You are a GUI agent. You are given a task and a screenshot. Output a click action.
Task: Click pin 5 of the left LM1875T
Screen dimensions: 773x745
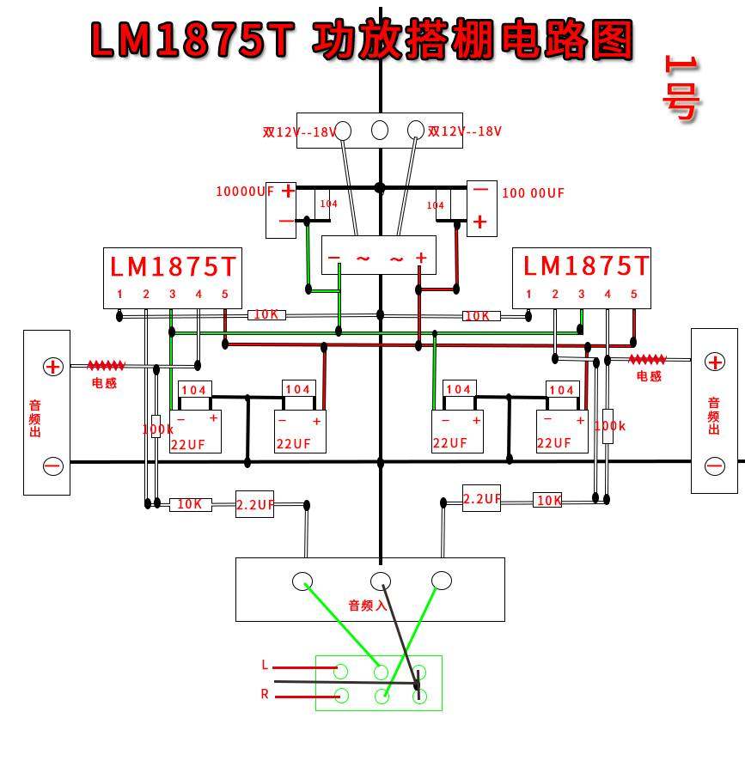225,295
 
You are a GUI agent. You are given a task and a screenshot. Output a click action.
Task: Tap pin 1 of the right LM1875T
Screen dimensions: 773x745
528,295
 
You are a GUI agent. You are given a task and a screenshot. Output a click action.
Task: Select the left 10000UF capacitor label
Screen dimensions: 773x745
244,192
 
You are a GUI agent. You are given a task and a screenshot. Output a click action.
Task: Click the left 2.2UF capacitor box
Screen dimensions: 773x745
254,504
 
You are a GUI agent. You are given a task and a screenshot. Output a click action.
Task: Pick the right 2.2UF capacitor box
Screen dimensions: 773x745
481,499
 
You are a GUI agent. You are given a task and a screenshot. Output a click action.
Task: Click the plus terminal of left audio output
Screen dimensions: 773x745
53,367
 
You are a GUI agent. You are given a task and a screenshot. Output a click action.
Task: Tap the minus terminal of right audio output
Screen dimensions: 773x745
714,466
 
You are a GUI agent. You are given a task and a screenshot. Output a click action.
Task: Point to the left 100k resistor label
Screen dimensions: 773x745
157,429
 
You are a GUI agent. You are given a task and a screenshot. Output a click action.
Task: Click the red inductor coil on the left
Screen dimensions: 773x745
106,366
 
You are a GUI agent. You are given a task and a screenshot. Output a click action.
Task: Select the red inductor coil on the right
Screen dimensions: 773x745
647,360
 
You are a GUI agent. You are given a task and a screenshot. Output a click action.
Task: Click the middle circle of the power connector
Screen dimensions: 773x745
379,131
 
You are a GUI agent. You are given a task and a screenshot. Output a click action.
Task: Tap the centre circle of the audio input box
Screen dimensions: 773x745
381,581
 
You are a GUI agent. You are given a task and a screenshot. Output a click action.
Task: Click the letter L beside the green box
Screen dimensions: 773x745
265,665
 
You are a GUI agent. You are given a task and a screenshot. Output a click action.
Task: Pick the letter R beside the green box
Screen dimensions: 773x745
265,694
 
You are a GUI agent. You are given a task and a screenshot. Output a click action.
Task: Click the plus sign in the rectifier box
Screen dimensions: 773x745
421,258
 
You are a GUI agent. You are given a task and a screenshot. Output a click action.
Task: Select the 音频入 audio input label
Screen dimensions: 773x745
367,606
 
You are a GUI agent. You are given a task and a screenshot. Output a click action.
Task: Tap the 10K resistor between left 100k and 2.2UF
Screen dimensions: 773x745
189,504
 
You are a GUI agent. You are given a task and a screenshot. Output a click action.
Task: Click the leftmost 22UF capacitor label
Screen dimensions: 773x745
188,444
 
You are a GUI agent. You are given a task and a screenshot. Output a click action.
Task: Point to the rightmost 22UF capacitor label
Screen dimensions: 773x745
554,443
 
